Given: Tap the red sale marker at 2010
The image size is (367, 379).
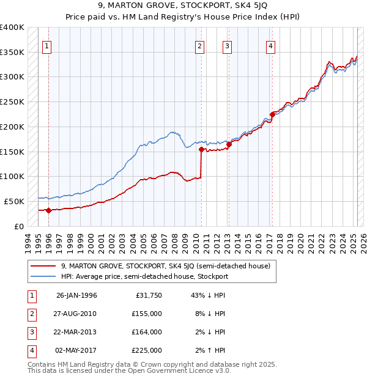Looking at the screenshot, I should point(201,149).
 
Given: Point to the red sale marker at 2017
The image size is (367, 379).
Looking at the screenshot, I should point(272,114).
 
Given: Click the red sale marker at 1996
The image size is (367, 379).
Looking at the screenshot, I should point(48,210).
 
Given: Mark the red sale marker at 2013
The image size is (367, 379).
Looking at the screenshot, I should point(229,144).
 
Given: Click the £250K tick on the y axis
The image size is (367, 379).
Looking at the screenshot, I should point(12,101).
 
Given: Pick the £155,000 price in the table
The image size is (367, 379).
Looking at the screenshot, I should point(147,314).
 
